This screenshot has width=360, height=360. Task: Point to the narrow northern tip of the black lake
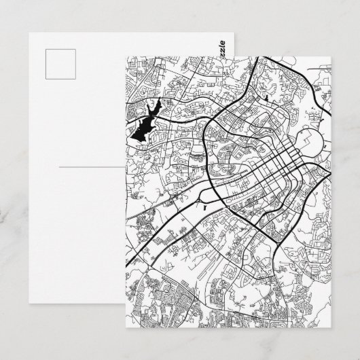click(158, 103)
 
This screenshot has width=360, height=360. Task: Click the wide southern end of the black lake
click(137, 136)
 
